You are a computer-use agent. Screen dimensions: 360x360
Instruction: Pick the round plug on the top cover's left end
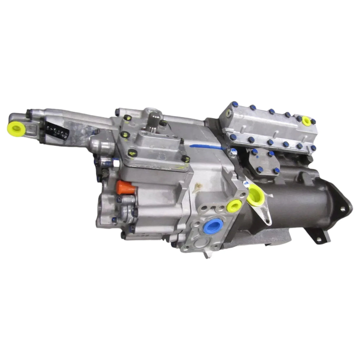(228, 113)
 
